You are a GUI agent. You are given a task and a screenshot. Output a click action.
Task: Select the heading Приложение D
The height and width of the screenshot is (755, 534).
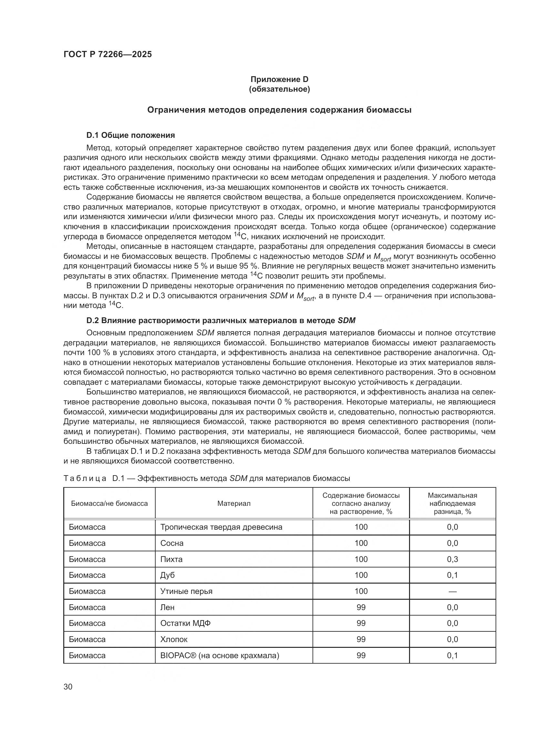point(279,79)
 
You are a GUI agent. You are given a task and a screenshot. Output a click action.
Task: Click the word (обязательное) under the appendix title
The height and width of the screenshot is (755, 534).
point(279,89)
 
